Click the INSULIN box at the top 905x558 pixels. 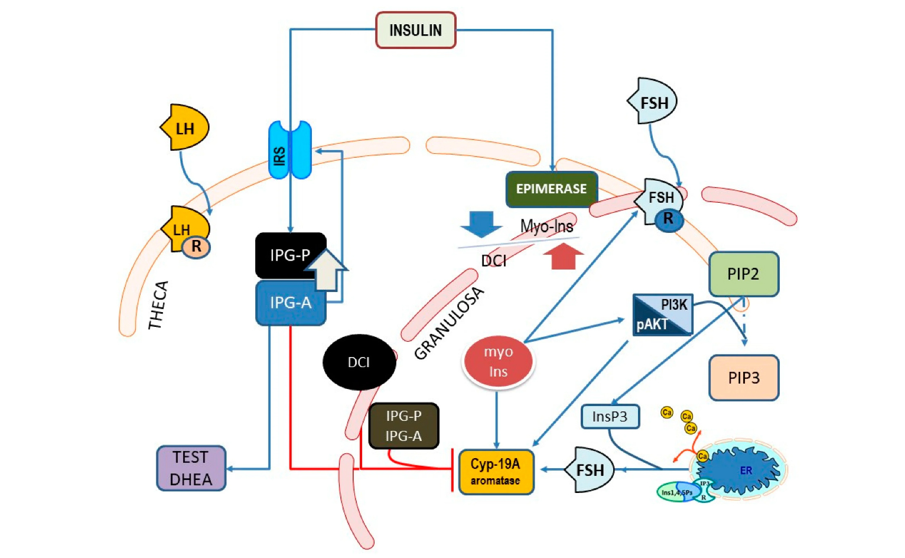415,30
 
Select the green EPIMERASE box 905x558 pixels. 551,189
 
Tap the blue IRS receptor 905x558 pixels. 289,151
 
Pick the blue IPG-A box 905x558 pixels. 289,303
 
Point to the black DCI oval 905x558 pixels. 359,362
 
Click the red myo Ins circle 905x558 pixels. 498,361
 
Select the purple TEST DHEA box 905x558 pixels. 191,468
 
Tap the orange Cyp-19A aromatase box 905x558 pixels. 496,472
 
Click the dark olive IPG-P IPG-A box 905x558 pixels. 403,426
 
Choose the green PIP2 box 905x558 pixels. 743,274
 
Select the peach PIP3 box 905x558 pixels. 744,378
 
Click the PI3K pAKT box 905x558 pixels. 662,314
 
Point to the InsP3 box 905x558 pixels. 610,416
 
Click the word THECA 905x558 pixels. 158,305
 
